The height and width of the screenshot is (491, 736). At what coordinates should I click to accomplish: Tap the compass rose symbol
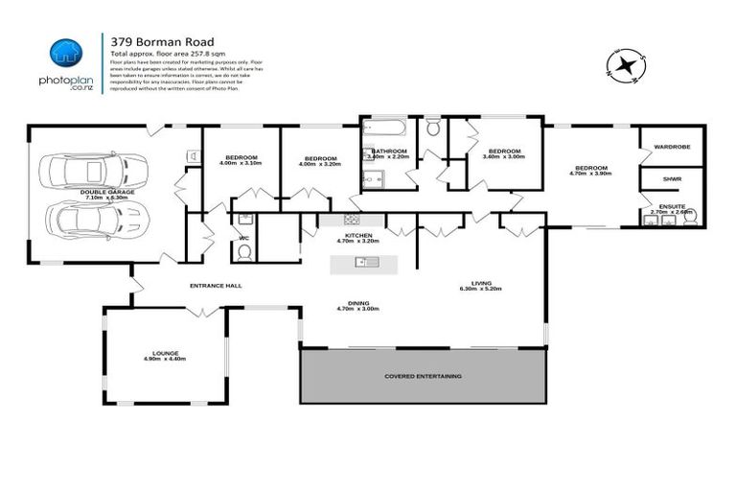coord(626,66)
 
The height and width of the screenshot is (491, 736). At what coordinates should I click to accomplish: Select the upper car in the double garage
coord(87,172)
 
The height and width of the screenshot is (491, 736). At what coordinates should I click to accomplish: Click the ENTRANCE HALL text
coord(215,286)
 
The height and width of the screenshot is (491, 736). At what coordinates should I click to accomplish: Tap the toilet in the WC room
coord(243,251)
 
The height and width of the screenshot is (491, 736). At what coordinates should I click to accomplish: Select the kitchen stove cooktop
coord(351,220)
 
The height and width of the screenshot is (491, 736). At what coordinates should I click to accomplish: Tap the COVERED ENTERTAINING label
coord(423,376)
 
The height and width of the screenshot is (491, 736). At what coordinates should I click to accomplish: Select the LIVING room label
coord(480,282)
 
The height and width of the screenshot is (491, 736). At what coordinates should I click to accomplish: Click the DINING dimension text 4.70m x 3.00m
coord(358,309)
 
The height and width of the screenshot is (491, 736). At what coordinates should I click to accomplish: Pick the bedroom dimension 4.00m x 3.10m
coord(240,164)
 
